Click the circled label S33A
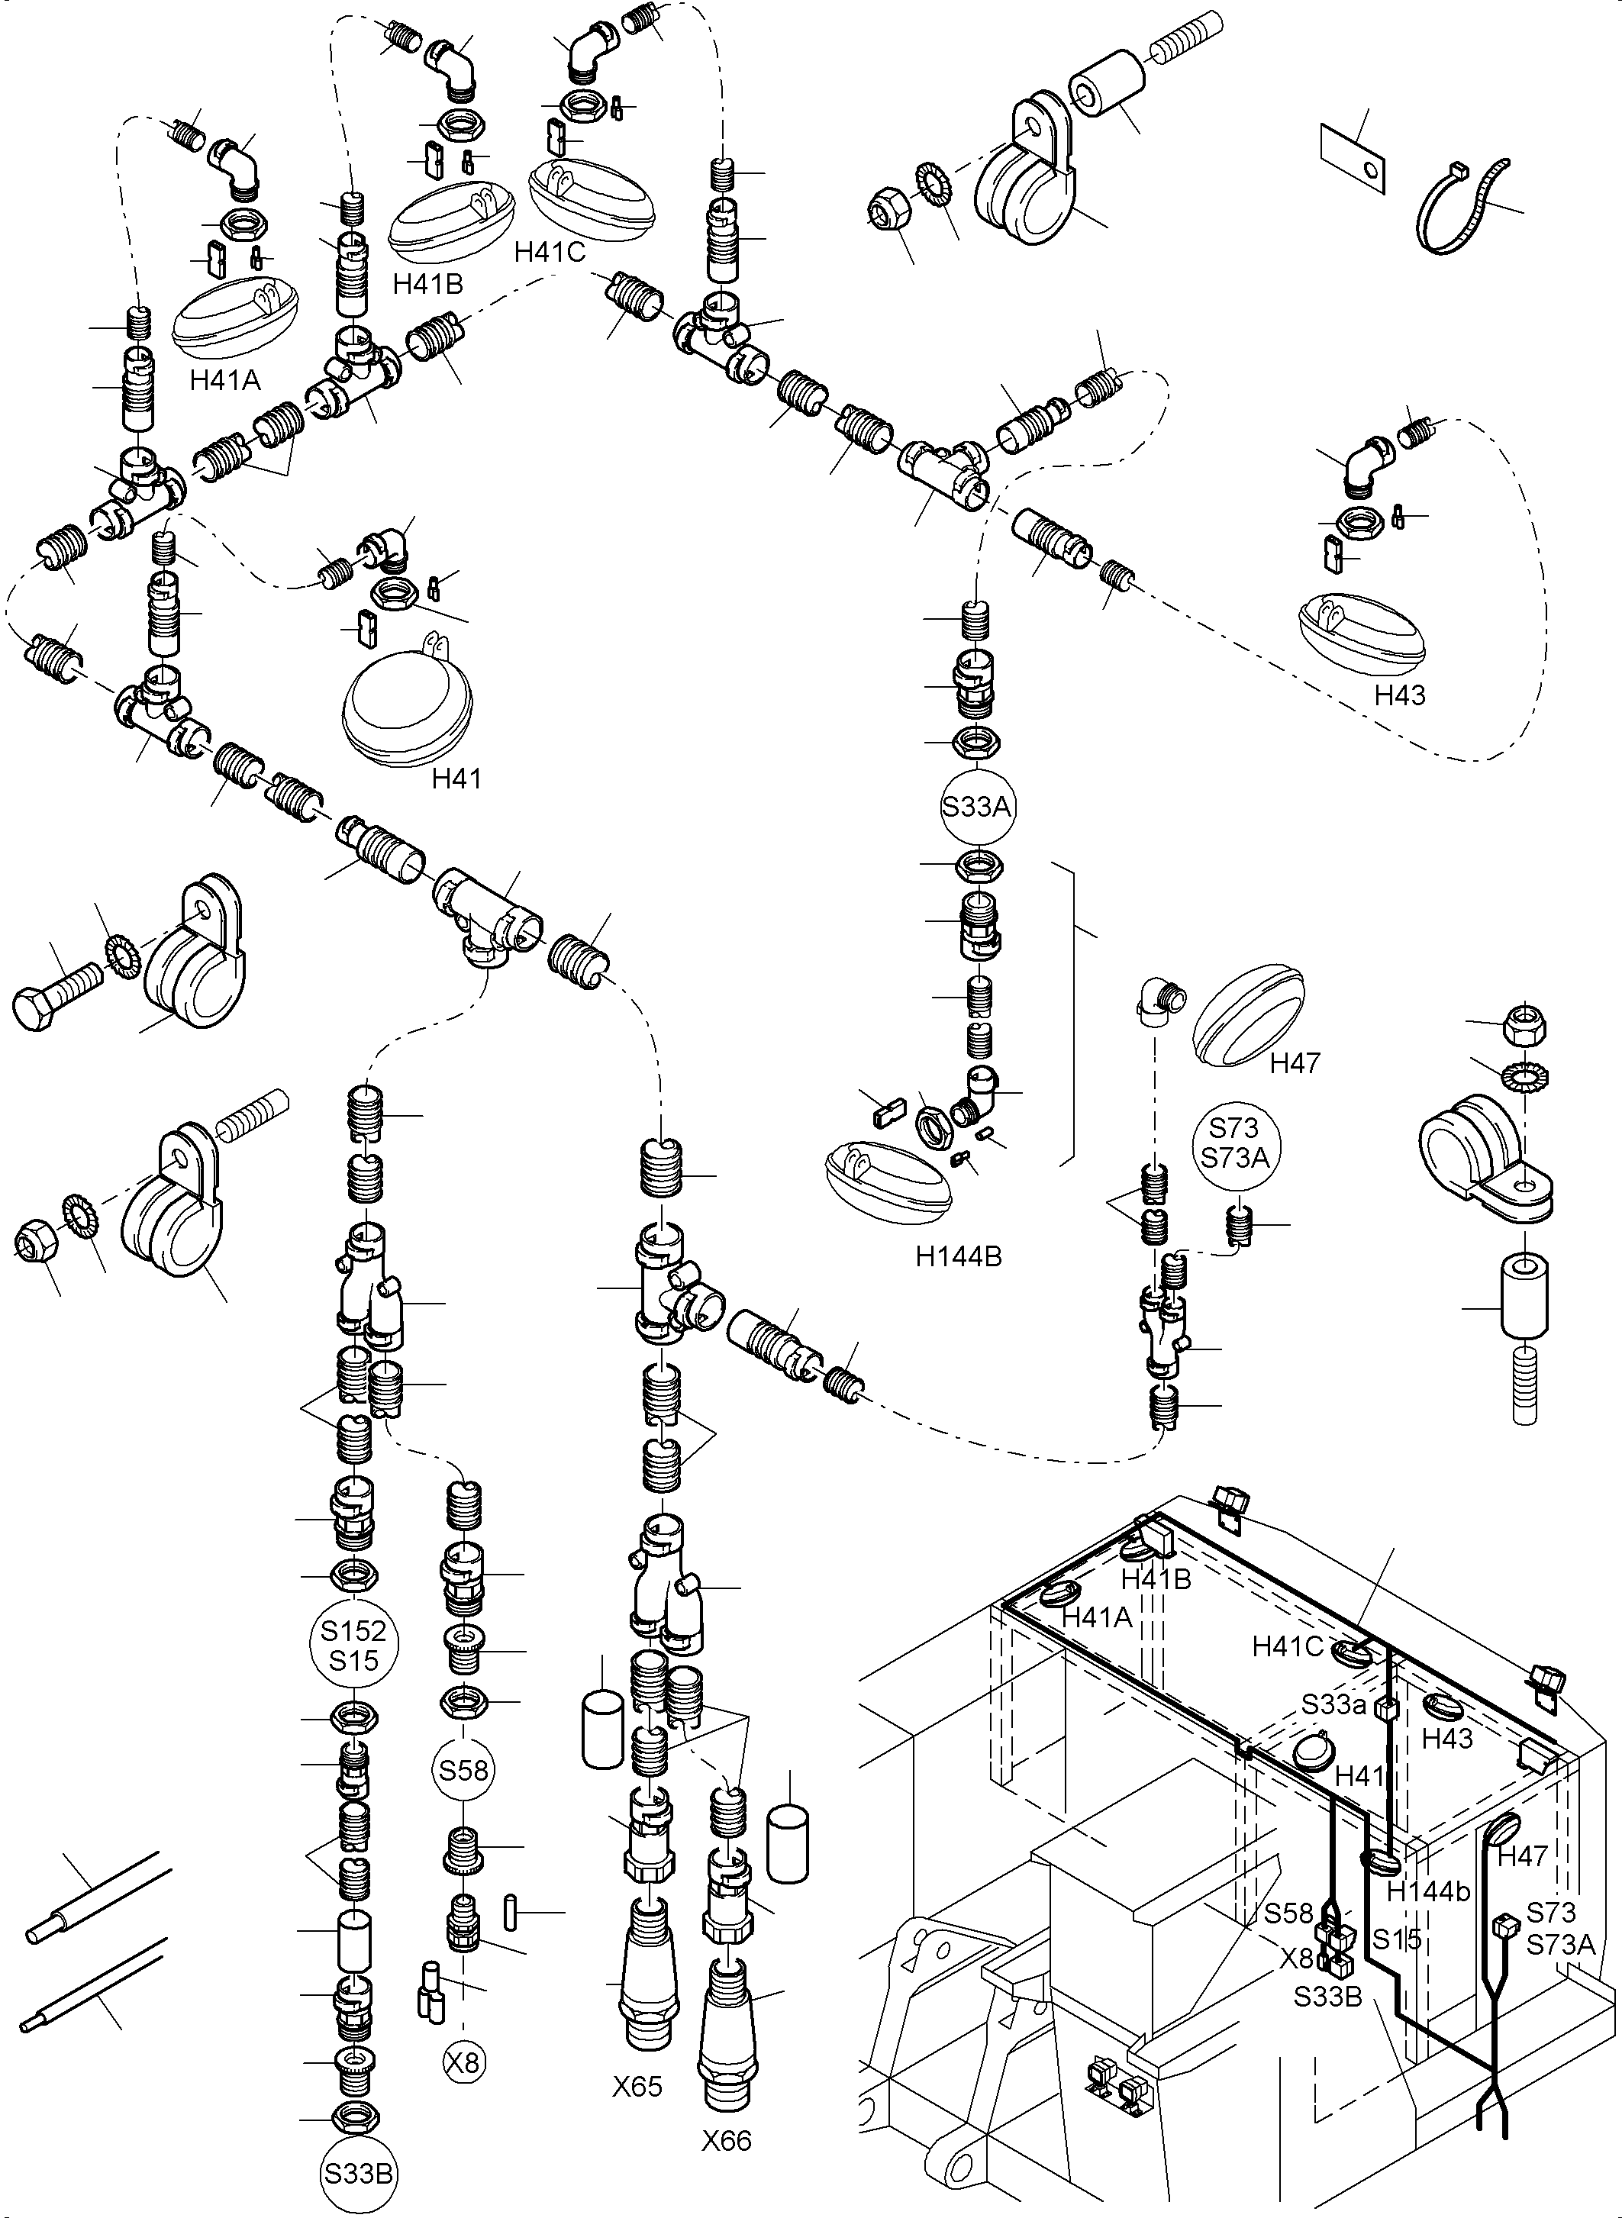[976, 807]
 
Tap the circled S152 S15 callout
[353, 1646]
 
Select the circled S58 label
[463, 1770]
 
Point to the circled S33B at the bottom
[359, 2174]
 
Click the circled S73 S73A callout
[1235, 1143]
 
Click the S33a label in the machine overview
[1334, 1704]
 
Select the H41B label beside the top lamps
[427, 284]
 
